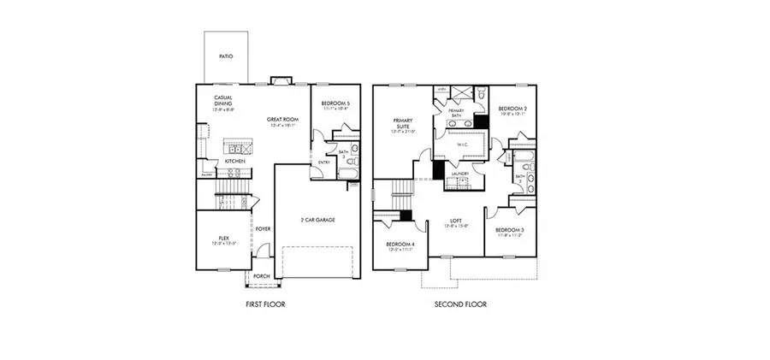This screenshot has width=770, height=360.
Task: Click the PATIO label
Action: click(226, 56)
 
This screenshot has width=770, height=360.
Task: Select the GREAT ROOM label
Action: click(281, 119)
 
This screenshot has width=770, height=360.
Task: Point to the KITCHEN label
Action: click(236, 161)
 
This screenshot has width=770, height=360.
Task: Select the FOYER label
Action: click(264, 230)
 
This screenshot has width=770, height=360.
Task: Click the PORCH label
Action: click(260, 276)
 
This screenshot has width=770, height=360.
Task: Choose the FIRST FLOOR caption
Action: click(265, 304)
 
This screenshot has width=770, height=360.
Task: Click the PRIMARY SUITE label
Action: click(403, 123)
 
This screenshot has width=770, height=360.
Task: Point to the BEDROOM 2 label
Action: click(512, 109)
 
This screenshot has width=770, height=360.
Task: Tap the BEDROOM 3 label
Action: click(511, 231)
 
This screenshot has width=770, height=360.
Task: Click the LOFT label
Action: click(456, 221)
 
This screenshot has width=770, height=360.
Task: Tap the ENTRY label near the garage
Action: click(324, 162)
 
